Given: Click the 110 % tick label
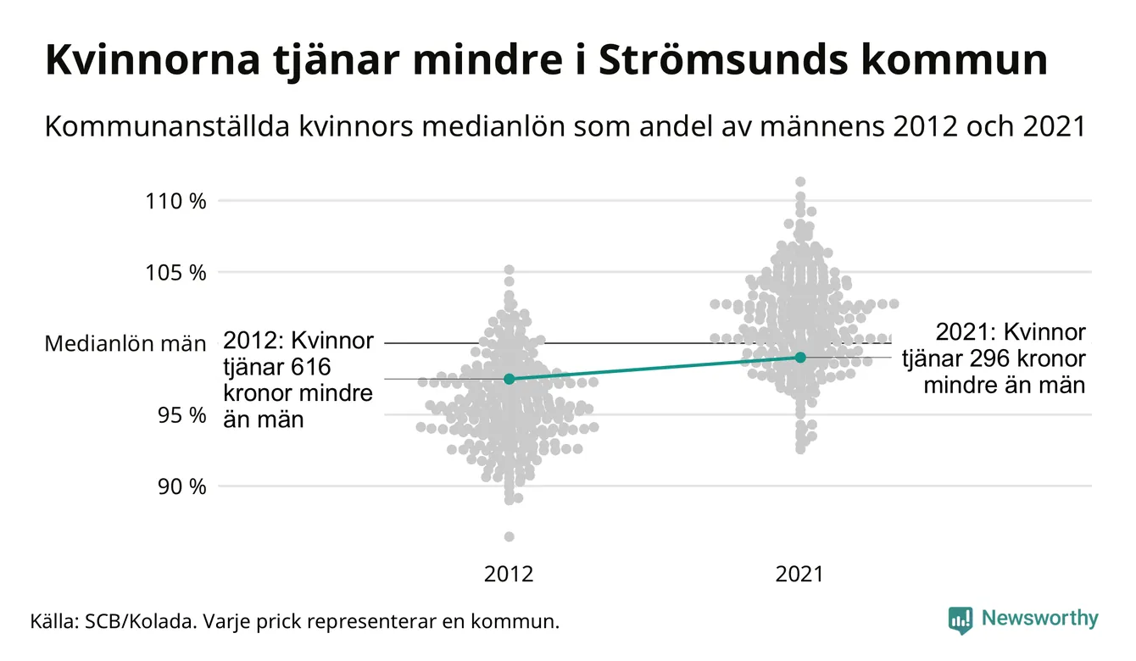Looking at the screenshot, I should point(176,202).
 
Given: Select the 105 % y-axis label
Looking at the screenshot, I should point(176,273).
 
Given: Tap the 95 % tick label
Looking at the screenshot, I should point(182,415).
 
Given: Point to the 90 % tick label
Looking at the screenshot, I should point(182,487).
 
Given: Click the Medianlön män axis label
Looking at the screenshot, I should point(125,344).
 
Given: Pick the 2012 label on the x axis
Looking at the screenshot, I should point(509,575).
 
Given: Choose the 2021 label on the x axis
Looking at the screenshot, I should point(799,575).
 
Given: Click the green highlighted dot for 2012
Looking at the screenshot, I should point(509,379).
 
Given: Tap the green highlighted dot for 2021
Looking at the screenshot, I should point(800,357).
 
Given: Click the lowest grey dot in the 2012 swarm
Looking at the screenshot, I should point(509,536).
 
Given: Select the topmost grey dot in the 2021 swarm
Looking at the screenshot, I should point(800,181).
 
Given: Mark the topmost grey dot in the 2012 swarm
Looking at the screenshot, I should point(509,269).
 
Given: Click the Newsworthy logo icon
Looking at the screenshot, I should point(960,619).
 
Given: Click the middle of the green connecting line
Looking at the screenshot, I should point(654,368).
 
